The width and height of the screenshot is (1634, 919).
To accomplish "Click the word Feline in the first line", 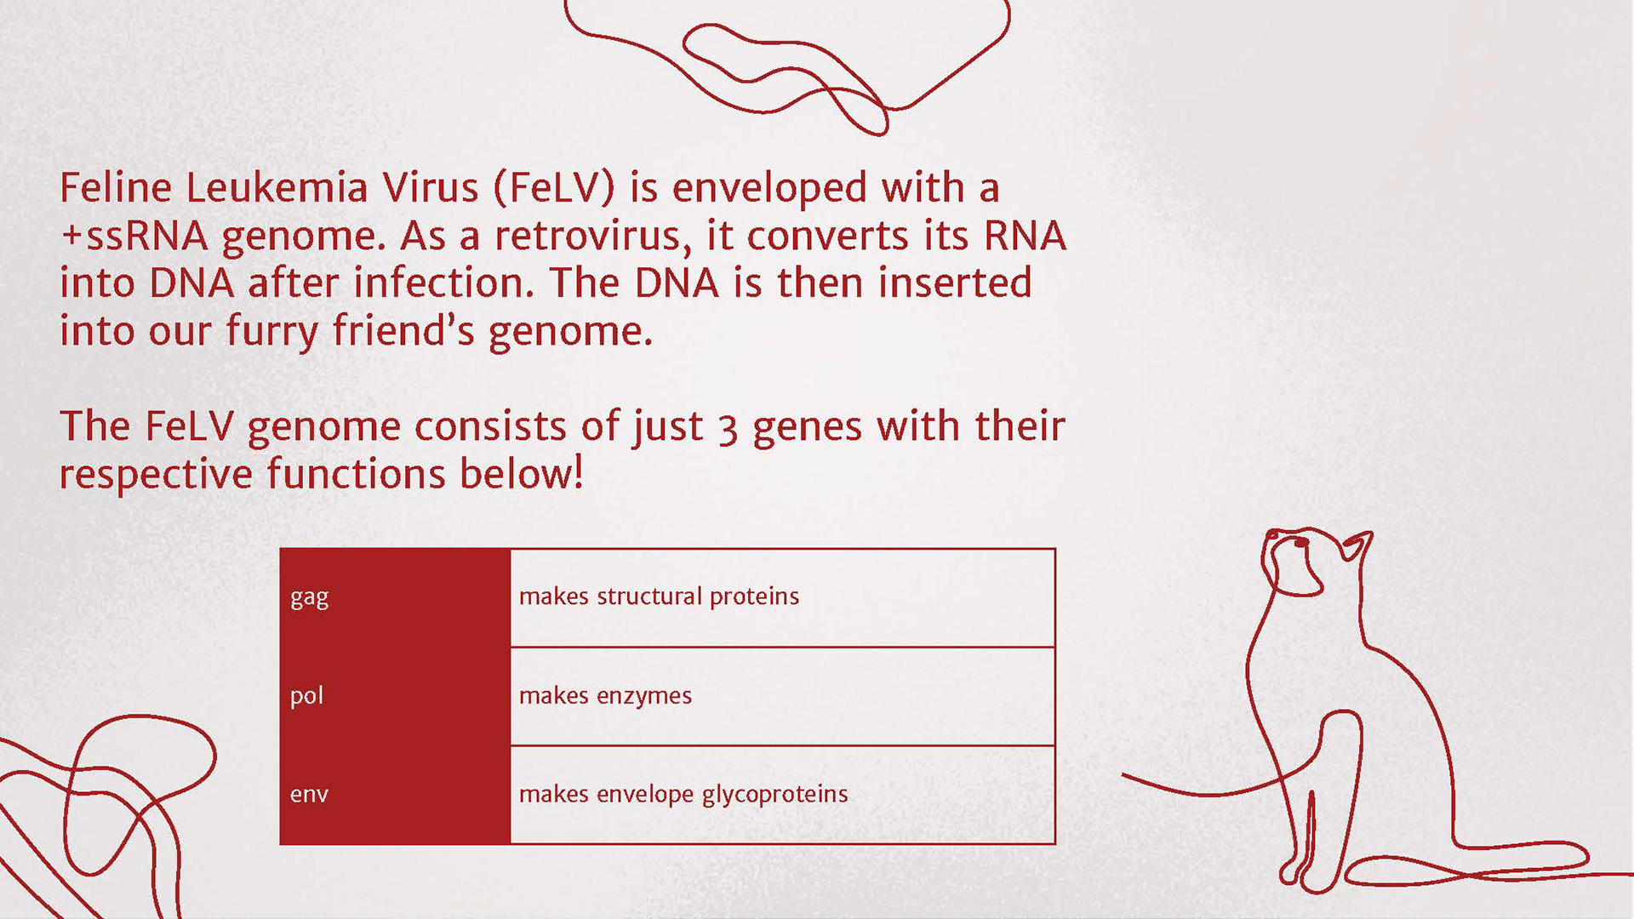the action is pyautogui.click(x=115, y=187).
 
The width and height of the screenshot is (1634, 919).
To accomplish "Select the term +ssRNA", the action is pyautogui.click(x=134, y=236).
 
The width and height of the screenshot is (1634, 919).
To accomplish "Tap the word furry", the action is pyautogui.click(x=272, y=332).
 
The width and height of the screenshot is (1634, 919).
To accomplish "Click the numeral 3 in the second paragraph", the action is pyautogui.click(x=728, y=429).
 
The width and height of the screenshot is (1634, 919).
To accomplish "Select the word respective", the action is pyautogui.click(x=156, y=475).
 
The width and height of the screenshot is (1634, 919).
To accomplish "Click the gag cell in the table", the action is pyautogui.click(x=395, y=597).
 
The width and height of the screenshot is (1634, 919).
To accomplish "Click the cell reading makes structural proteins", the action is pyautogui.click(x=782, y=597).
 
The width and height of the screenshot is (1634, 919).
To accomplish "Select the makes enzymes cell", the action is pyautogui.click(x=782, y=696).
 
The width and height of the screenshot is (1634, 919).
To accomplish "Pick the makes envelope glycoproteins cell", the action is pyautogui.click(x=782, y=795).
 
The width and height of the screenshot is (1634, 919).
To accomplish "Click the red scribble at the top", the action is pyautogui.click(x=787, y=64).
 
